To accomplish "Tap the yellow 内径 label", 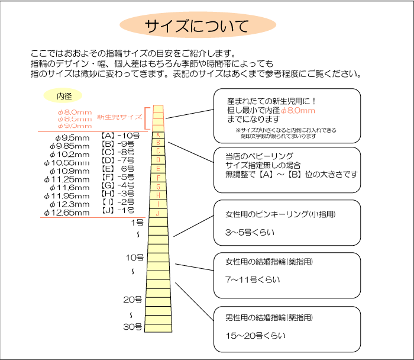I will (x=63, y=95).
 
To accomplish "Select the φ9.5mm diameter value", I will (x=69, y=137).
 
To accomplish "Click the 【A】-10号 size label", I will (x=119, y=136).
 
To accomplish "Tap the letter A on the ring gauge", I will (x=158, y=135).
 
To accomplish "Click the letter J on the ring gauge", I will (x=158, y=213).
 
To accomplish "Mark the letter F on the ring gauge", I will (x=158, y=177).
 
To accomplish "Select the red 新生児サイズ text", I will (x=119, y=117).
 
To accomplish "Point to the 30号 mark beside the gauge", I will (x=132, y=326).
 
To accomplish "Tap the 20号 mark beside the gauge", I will (x=132, y=300).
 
